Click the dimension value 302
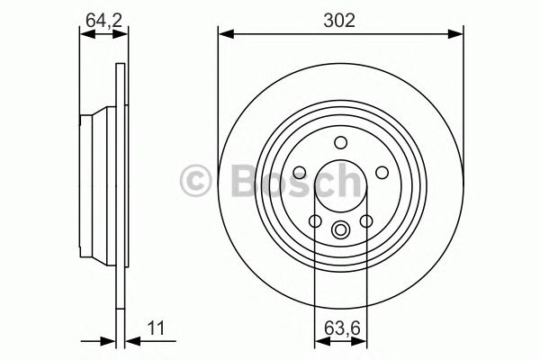[341, 18]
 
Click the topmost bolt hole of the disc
[341, 141]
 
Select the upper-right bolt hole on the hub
[381, 172]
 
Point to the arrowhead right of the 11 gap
[129, 340]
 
